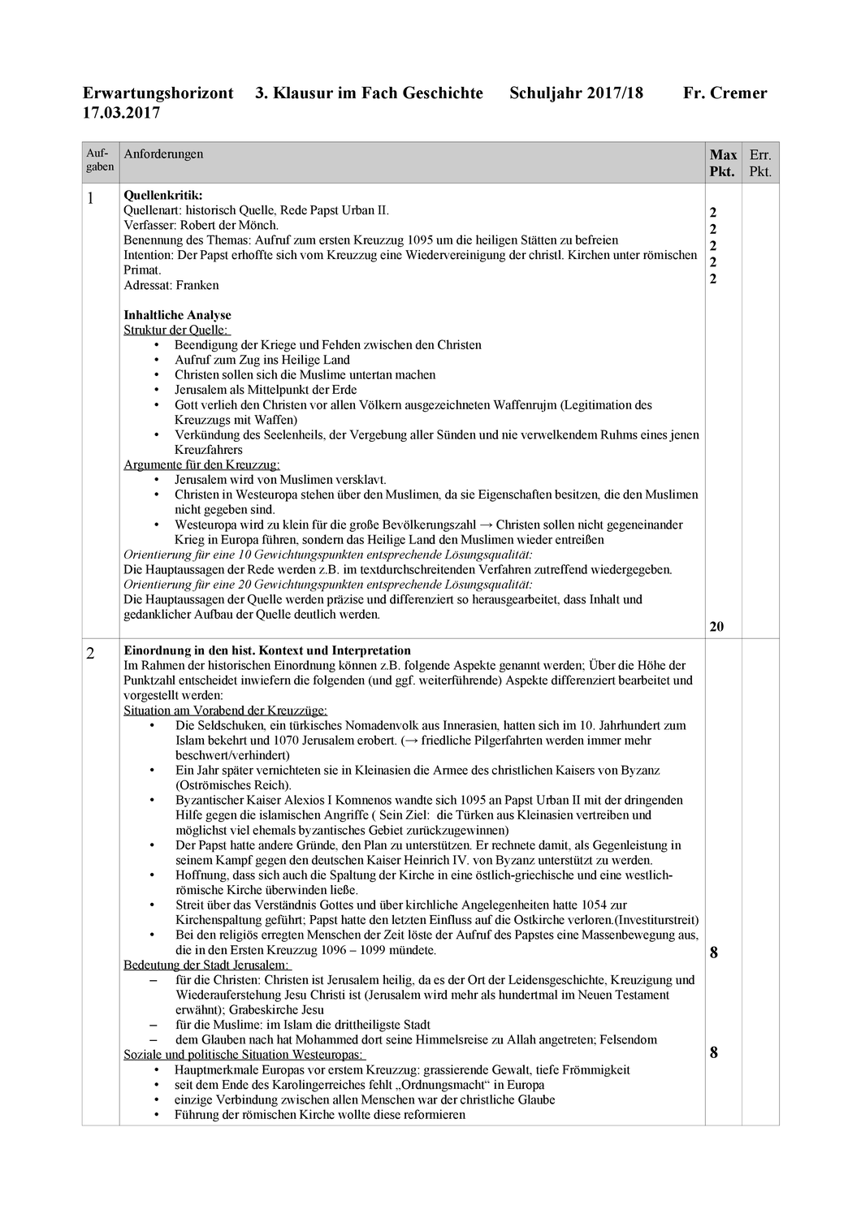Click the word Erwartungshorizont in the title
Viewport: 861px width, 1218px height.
point(158,93)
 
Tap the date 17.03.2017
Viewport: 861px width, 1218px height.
point(121,113)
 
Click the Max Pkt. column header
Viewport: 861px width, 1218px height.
point(723,163)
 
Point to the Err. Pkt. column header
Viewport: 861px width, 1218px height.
point(760,163)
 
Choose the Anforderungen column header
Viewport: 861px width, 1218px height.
point(163,154)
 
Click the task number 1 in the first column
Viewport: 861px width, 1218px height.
point(90,198)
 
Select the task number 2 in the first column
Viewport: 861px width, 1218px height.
point(90,654)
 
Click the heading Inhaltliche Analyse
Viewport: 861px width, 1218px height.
point(177,315)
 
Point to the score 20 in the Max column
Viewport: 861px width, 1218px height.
point(716,626)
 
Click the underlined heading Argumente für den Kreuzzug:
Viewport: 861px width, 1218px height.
point(201,464)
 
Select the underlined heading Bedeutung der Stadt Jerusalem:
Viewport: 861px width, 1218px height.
point(207,965)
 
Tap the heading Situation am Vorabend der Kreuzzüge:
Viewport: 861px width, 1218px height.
point(225,710)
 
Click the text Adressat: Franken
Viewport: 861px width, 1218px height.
point(171,285)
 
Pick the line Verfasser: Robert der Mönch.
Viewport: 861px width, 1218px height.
point(201,225)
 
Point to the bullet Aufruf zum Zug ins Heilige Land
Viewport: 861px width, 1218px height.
point(262,360)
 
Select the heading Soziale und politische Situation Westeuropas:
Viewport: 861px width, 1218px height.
point(244,1055)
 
